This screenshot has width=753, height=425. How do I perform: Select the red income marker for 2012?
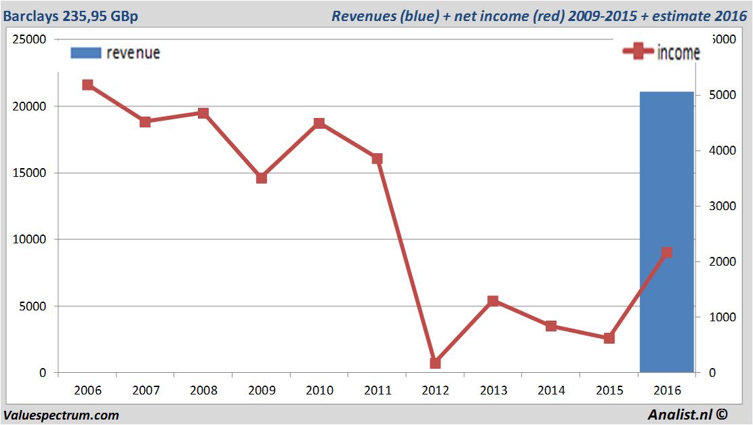click(435, 363)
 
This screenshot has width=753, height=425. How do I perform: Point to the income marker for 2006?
click(87, 85)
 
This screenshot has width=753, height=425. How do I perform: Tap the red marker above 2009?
click(262, 178)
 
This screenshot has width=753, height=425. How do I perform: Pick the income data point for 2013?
click(493, 301)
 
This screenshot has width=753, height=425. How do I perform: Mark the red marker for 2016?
click(667, 252)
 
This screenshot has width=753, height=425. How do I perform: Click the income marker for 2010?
click(319, 123)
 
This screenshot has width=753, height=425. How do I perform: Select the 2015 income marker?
click(609, 338)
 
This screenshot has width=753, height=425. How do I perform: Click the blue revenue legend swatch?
click(86, 53)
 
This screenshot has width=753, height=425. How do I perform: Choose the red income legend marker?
click(638, 52)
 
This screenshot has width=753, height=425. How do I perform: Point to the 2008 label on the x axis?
click(203, 390)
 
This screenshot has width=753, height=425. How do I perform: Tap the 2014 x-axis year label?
click(551, 390)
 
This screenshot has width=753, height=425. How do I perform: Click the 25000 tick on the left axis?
click(30, 39)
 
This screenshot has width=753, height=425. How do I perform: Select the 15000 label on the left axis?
click(30, 173)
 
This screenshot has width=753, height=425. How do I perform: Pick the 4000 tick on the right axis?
click(723, 150)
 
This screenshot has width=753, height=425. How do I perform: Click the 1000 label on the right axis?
click(723, 317)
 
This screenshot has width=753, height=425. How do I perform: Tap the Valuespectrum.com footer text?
click(61, 416)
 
